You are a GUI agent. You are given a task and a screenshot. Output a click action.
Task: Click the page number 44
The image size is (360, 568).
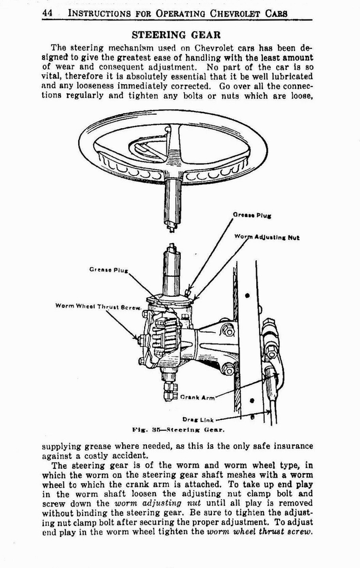[x=48, y=13]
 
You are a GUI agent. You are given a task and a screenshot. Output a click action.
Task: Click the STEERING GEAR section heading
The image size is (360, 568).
[x=176, y=35]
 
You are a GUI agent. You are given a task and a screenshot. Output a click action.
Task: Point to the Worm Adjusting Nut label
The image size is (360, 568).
[x=267, y=237]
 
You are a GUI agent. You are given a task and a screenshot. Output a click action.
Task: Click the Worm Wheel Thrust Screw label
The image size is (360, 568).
[x=98, y=306]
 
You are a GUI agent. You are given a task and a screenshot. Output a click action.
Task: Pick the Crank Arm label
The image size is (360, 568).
[x=197, y=397]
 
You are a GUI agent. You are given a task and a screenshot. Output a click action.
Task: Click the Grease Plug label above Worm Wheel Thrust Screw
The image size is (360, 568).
[x=108, y=270]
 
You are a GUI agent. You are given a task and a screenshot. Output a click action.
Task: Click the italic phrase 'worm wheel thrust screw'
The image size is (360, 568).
[x=259, y=531]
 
